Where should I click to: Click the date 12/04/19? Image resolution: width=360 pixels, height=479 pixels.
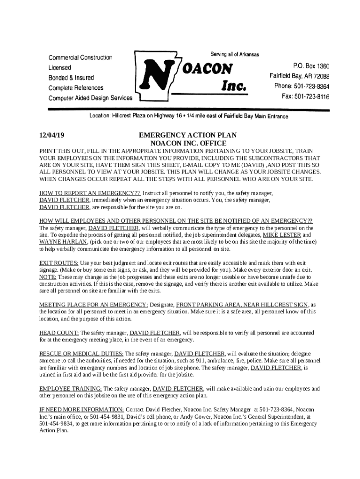tap(51, 135)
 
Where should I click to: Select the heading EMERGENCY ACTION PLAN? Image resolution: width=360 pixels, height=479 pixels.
tap(188, 135)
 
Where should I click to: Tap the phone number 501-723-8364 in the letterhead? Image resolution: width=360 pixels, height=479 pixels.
tap(312, 87)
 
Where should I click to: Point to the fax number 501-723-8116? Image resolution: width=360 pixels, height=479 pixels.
tap(312, 97)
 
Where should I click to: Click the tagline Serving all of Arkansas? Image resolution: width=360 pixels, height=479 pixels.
tap(235, 54)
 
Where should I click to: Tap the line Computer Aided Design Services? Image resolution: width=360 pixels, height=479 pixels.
tap(91, 98)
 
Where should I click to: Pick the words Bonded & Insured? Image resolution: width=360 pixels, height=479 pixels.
tap(71, 78)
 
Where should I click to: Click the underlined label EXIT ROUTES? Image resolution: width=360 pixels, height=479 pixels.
tap(58, 263)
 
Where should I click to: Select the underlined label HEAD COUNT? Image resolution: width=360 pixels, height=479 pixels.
tap(59, 333)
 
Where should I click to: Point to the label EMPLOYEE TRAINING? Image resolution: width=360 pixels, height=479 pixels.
tap(71, 388)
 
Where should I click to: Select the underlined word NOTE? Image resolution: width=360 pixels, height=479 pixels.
tap(48, 277)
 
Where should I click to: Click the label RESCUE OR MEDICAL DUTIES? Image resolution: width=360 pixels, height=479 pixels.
tap(81, 354)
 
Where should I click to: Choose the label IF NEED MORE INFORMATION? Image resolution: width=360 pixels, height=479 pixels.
tap(81, 409)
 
